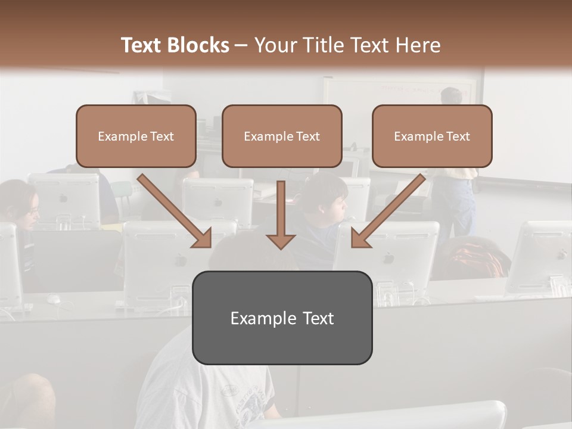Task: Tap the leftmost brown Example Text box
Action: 136,136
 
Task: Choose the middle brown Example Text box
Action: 282,136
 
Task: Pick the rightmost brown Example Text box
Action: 432,136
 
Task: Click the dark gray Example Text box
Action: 282,318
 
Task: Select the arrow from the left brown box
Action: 175,211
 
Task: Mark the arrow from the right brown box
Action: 388,211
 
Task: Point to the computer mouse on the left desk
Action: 54,298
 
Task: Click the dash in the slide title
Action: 241,45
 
